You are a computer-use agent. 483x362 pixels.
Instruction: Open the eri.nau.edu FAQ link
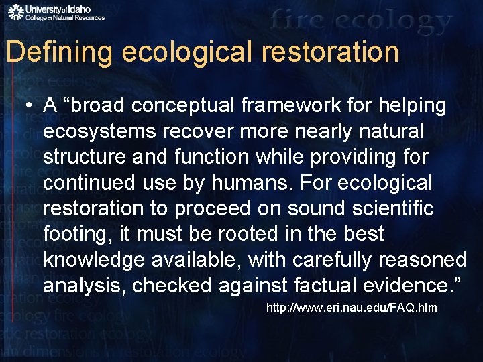(x=352, y=308)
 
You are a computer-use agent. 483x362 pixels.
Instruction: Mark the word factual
(x=325, y=285)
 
